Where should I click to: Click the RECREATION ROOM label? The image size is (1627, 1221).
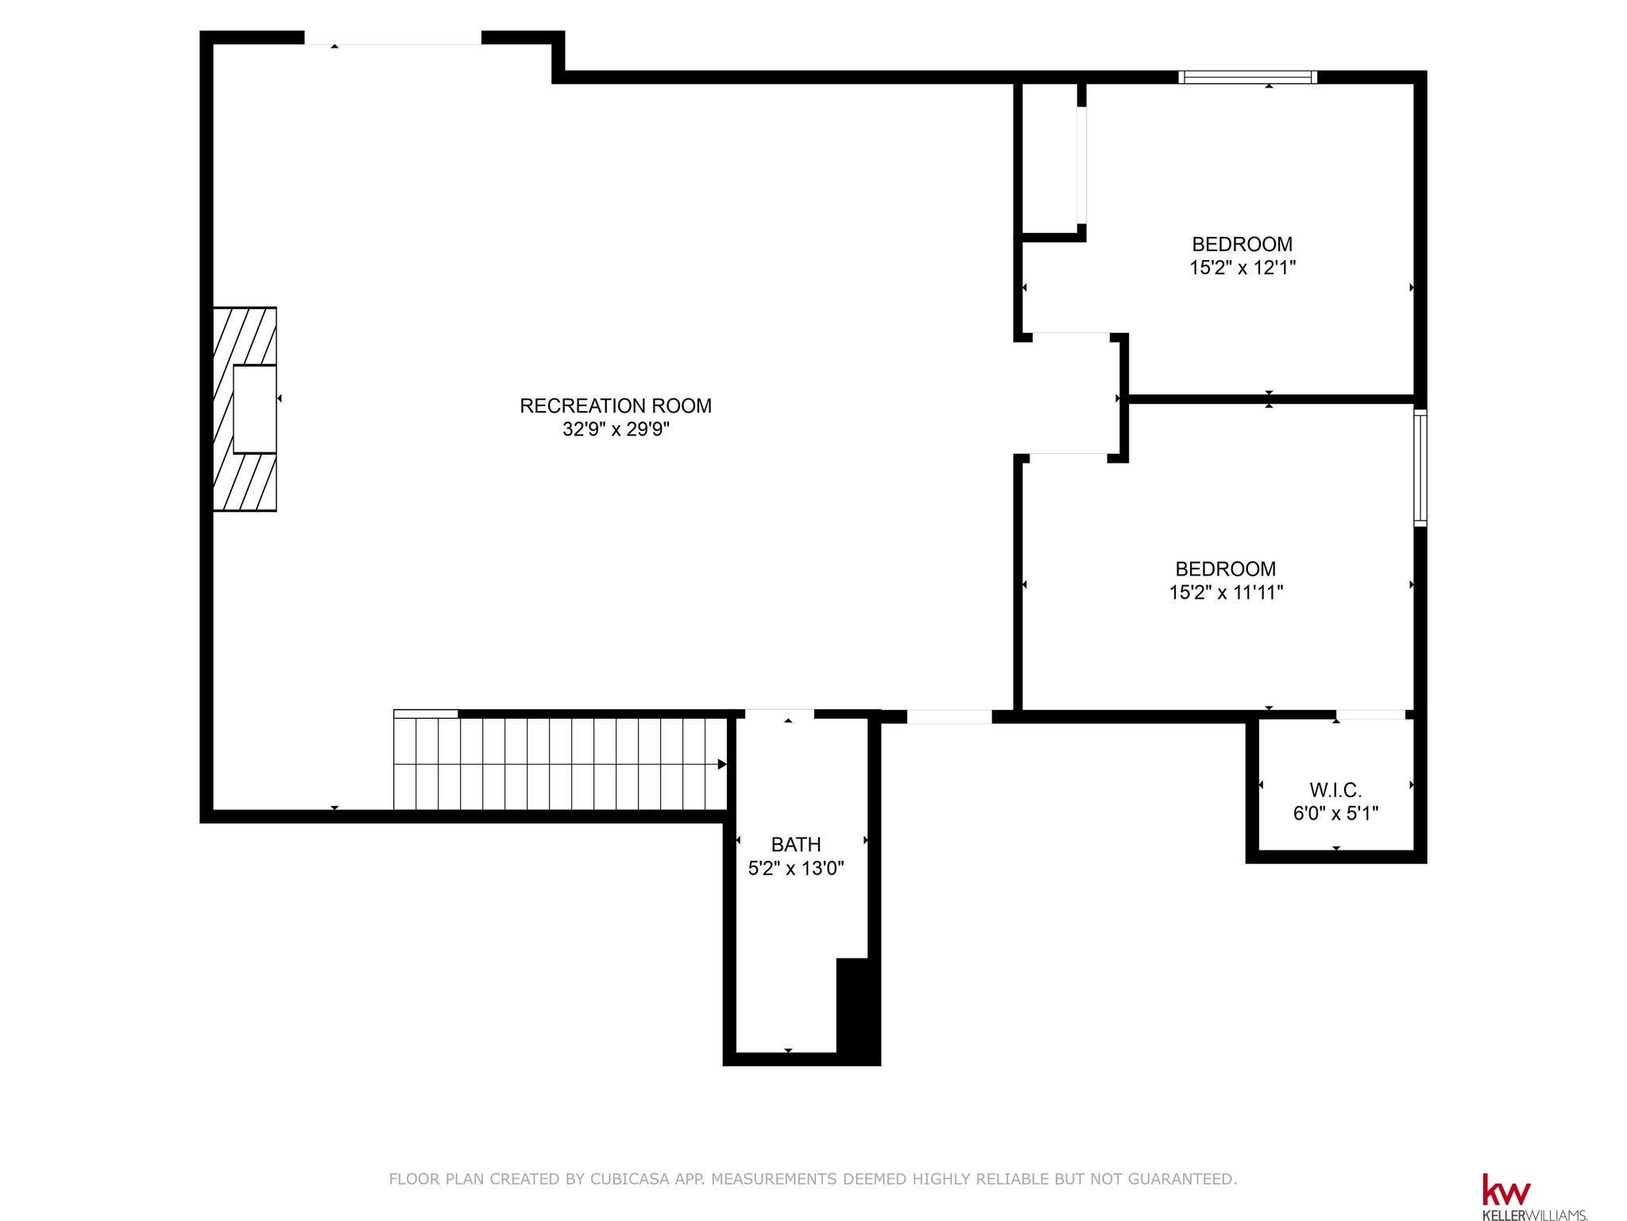pyautogui.click(x=616, y=405)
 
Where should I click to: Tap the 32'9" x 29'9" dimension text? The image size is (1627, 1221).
pyautogui.click(x=616, y=430)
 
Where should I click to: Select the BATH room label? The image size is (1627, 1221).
pyautogui.click(x=796, y=844)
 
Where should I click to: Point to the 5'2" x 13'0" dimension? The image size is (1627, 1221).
pyautogui.click(x=796, y=868)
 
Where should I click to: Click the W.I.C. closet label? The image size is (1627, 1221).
pyautogui.click(x=1335, y=790)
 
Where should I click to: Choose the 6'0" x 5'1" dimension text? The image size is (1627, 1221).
pyautogui.click(x=1335, y=814)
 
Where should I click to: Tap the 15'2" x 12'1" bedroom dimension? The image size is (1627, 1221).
pyautogui.click(x=1242, y=268)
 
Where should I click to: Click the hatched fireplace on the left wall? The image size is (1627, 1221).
pyautogui.click(x=245, y=409)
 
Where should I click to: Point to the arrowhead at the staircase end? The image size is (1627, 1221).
pyautogui.click(x=722, y=765)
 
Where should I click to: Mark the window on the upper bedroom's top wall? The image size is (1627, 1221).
pyautogui.click(x=1247, y=77)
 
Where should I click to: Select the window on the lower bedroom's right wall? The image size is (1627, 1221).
pyautogui.click(x=1420, y=467)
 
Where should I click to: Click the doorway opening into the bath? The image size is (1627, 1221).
pyautogui.click(x=780, y=714)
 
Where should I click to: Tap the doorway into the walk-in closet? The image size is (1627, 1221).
pyautogui.click(x=1370, y=715)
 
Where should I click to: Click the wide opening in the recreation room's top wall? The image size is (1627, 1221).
pyautogui.click(x=393, y=38)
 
